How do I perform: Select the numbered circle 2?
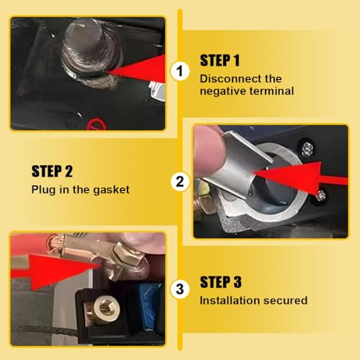tap(179, 181)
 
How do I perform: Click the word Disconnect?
tap(226, 78)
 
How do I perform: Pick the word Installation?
tap(227, 300)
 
